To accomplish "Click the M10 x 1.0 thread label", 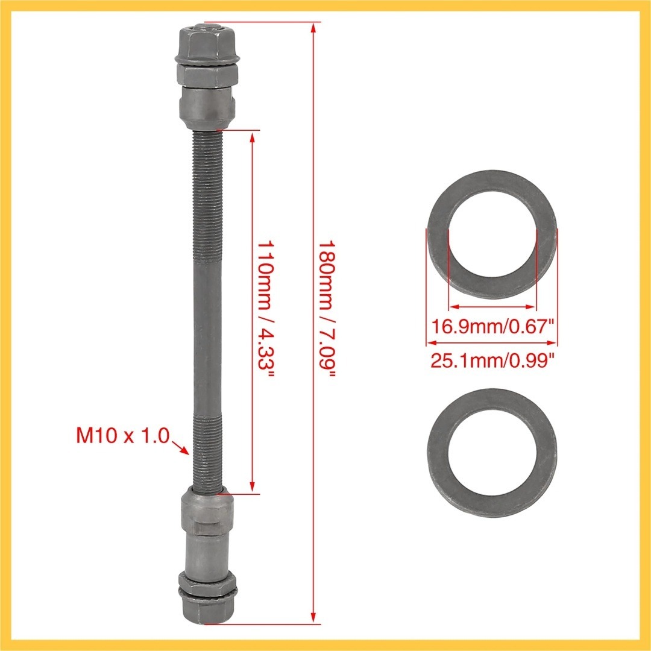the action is tap(123, 436).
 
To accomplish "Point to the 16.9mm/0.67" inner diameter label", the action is tap(493, 326).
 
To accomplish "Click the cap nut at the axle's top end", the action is tap(207, 42).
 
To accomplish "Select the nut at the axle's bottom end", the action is tap(206, 609).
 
